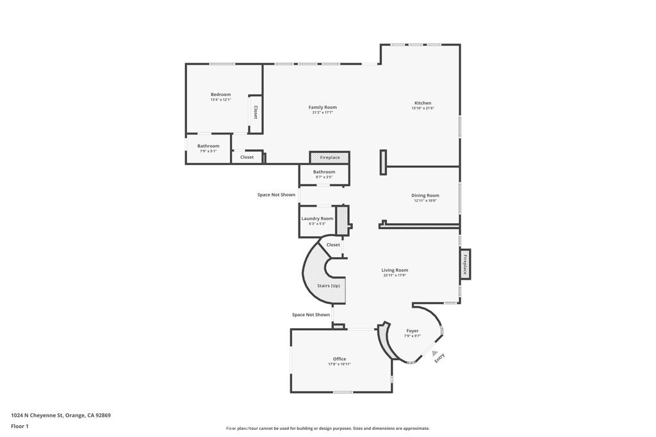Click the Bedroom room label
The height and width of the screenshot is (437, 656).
(x=220, y=95)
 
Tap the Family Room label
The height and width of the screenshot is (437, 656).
(x=322, y=107)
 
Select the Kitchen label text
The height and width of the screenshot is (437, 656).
(x=423, y=103)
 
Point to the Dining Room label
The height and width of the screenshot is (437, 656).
(x=425, y=196)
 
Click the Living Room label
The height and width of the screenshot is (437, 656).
(x=395, y=270)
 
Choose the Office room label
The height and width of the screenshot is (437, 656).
(x=340, y=359)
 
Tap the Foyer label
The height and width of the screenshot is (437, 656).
(x=412, y=331)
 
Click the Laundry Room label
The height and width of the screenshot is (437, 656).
(x=317, y=219)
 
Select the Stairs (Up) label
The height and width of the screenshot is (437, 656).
(x=329, y=285)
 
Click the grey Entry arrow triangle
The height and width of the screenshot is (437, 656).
(x=434, y=353)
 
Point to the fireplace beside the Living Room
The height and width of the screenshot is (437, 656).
(x=465, y=264)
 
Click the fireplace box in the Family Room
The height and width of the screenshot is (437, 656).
(x=330, y=157)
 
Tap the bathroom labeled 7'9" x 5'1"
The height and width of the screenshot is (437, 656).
(x=208, y=148)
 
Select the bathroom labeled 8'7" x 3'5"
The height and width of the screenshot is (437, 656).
(x=324, y=174)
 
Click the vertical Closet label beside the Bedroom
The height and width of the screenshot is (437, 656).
(x=256, y=113)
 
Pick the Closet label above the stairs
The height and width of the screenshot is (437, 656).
(x=333, y=244)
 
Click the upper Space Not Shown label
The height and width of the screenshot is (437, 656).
(x=276, y=195)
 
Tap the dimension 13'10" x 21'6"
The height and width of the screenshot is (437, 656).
(x=423, y=109)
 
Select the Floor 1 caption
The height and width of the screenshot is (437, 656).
(x=20, y=426)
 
